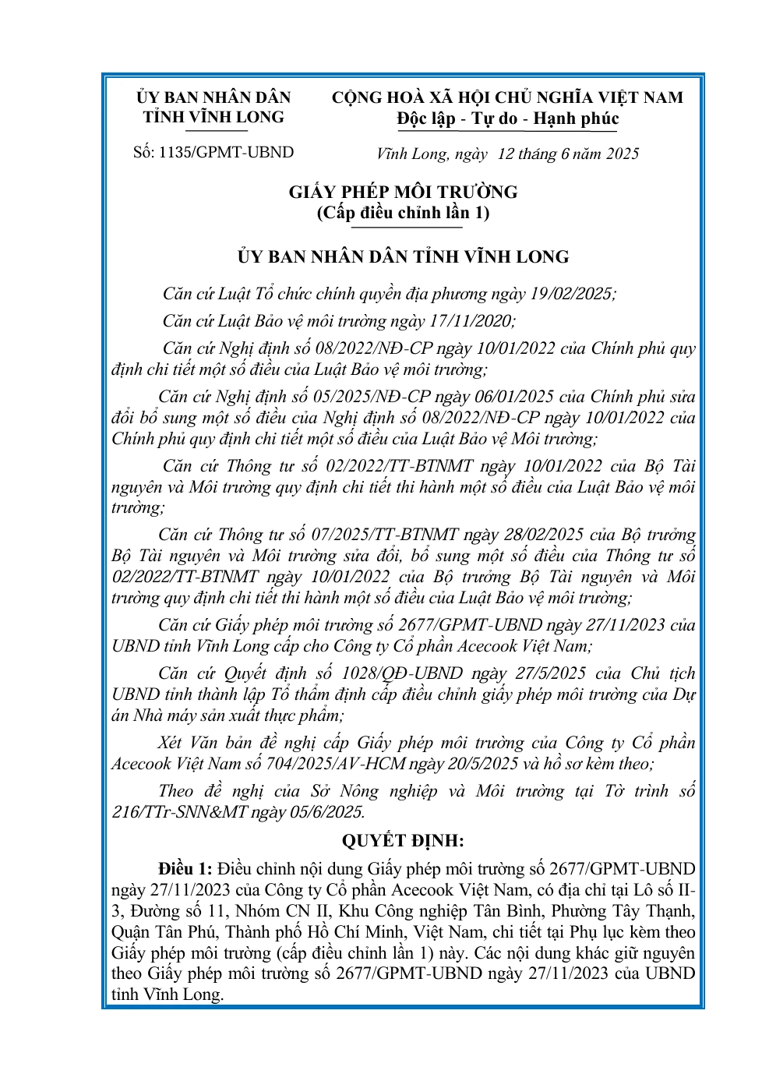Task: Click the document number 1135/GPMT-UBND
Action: (226, 153)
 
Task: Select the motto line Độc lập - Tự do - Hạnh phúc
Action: (507, 119)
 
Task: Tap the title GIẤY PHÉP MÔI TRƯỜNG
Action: (403, 192)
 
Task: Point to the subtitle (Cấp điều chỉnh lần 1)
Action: (403, 213)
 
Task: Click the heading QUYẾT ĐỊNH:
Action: (403, 841)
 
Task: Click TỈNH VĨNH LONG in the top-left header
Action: (213, 118)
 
